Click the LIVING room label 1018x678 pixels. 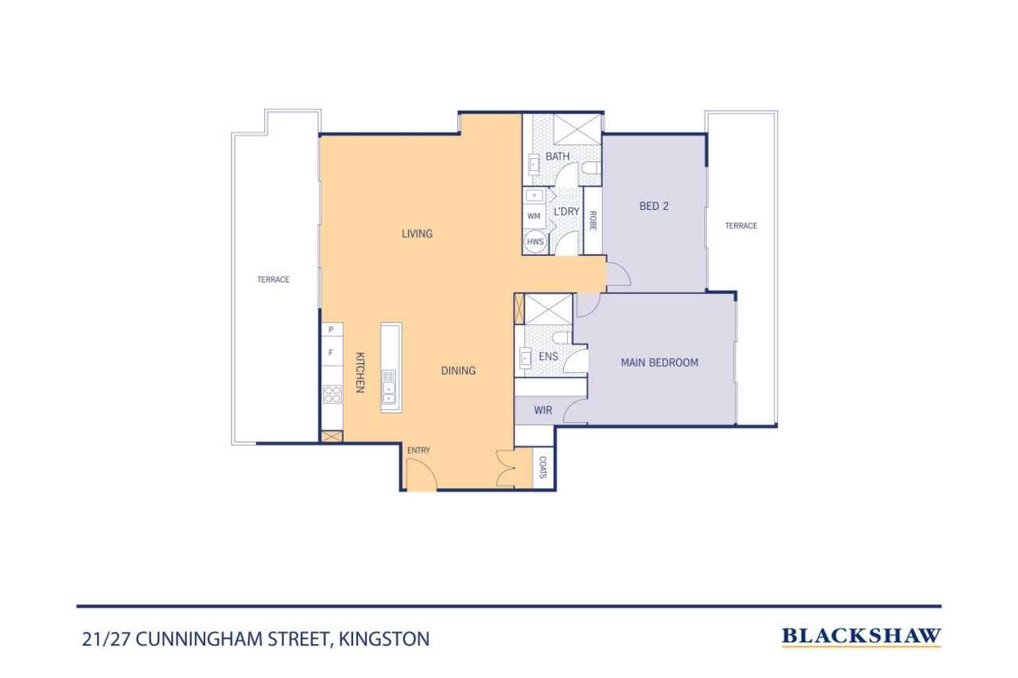(417, 234)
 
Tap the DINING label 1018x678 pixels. (458, 370)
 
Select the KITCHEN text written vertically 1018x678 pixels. (359, 373)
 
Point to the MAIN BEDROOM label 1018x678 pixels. (659, 362)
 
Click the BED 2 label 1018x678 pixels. (654, 206)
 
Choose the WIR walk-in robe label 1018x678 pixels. (543, 411)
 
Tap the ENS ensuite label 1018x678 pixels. (548, 357)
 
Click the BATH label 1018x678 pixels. (557, 157)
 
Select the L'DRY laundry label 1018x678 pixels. (566, 211)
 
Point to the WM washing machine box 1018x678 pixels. (534, 216)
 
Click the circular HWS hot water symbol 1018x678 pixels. (534, 242)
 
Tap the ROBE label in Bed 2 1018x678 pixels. (593, 220)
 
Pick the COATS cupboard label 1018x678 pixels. (543, 467)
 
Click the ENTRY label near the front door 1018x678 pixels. (418, 451)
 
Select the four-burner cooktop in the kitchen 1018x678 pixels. (332, 395)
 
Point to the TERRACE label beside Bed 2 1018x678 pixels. (740, 226)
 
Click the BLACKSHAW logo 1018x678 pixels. (861, 636)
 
